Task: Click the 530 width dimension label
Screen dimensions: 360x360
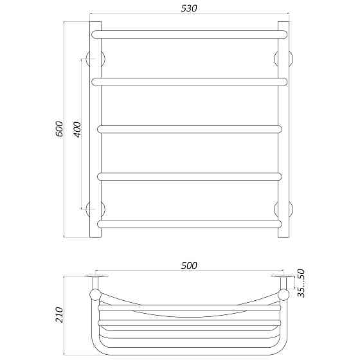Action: pos(189,8)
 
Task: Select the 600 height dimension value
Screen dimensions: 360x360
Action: pos(59,129)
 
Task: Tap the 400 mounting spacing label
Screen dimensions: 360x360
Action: pos(77,129)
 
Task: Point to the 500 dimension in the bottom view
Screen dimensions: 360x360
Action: pos(189,265)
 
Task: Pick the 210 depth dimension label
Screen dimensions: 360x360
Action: pos(59,315)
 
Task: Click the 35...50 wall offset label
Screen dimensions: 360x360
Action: pos(301,283)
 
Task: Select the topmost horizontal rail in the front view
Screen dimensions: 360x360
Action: pos(189,34)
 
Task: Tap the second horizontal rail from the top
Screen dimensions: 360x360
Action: pos(189,82)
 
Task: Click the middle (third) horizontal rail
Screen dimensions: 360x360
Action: pos(190,129)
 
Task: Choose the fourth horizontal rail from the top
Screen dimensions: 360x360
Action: pos(190,177)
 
